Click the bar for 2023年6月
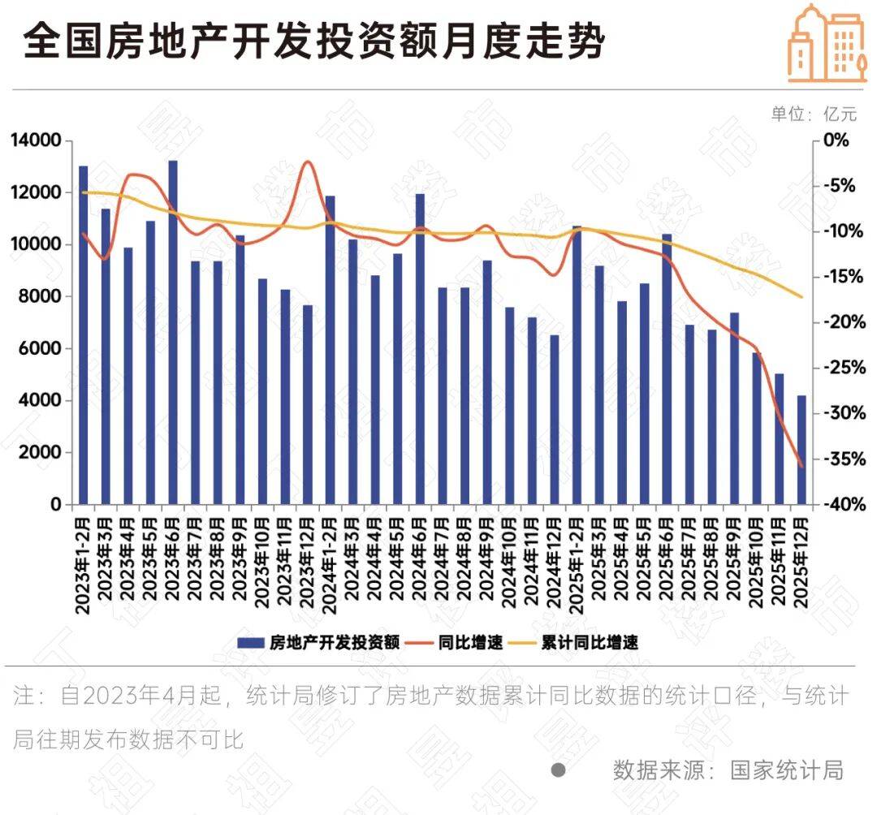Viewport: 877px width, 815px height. point(173,332)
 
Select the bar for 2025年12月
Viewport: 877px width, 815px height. point(801,450)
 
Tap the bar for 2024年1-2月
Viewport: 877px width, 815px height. point(330,350)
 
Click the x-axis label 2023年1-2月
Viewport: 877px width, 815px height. point(83,559)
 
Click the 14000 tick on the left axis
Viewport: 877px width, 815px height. point(37,140)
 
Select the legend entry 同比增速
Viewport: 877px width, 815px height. point(459,642)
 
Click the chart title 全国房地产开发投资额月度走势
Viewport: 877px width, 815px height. point(314,41)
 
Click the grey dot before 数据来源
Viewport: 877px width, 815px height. point(558,770)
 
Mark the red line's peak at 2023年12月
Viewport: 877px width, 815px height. point(308,162)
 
